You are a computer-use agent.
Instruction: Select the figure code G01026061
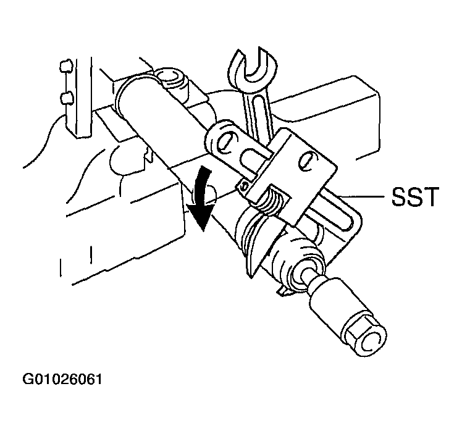(x=62, y=379)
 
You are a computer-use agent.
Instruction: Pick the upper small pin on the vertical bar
(x=66, y=66)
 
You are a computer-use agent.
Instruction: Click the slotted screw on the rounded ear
(x=227, y=143)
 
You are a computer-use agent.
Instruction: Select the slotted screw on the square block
(x=308, y=161)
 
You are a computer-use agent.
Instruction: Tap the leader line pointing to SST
(x=363, y=196)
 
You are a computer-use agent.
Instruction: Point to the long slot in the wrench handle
(x=259, y=115)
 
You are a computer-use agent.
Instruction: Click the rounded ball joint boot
(x=295, y=256)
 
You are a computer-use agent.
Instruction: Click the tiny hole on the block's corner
(x=245, y=186)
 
